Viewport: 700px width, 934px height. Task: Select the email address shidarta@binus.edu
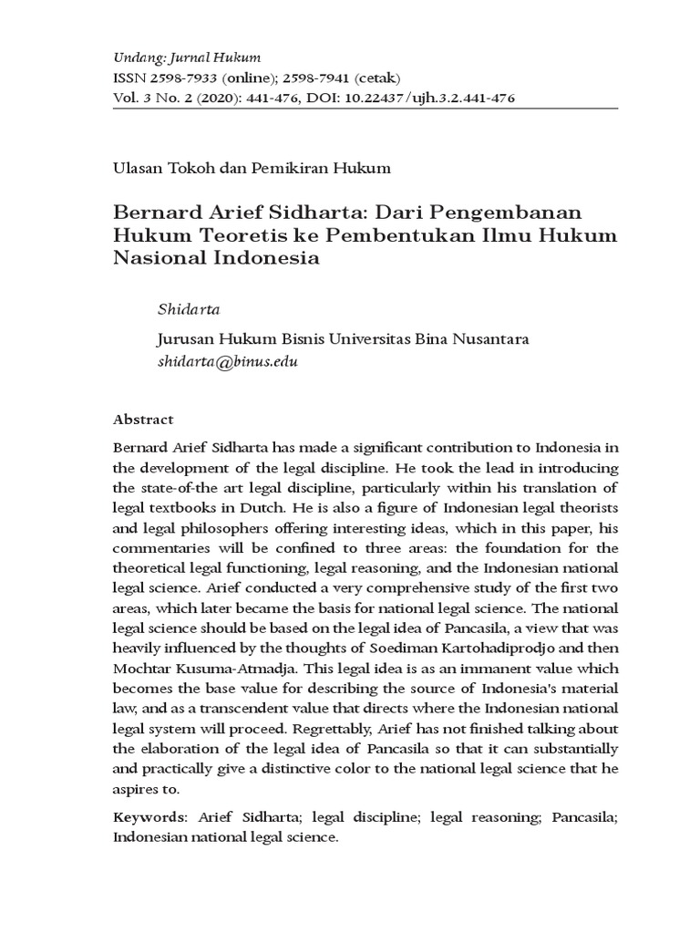click(229, 361)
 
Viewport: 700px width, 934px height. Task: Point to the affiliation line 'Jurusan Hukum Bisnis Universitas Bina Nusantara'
click(344, 339)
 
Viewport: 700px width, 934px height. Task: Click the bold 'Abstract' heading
click(143, 420)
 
